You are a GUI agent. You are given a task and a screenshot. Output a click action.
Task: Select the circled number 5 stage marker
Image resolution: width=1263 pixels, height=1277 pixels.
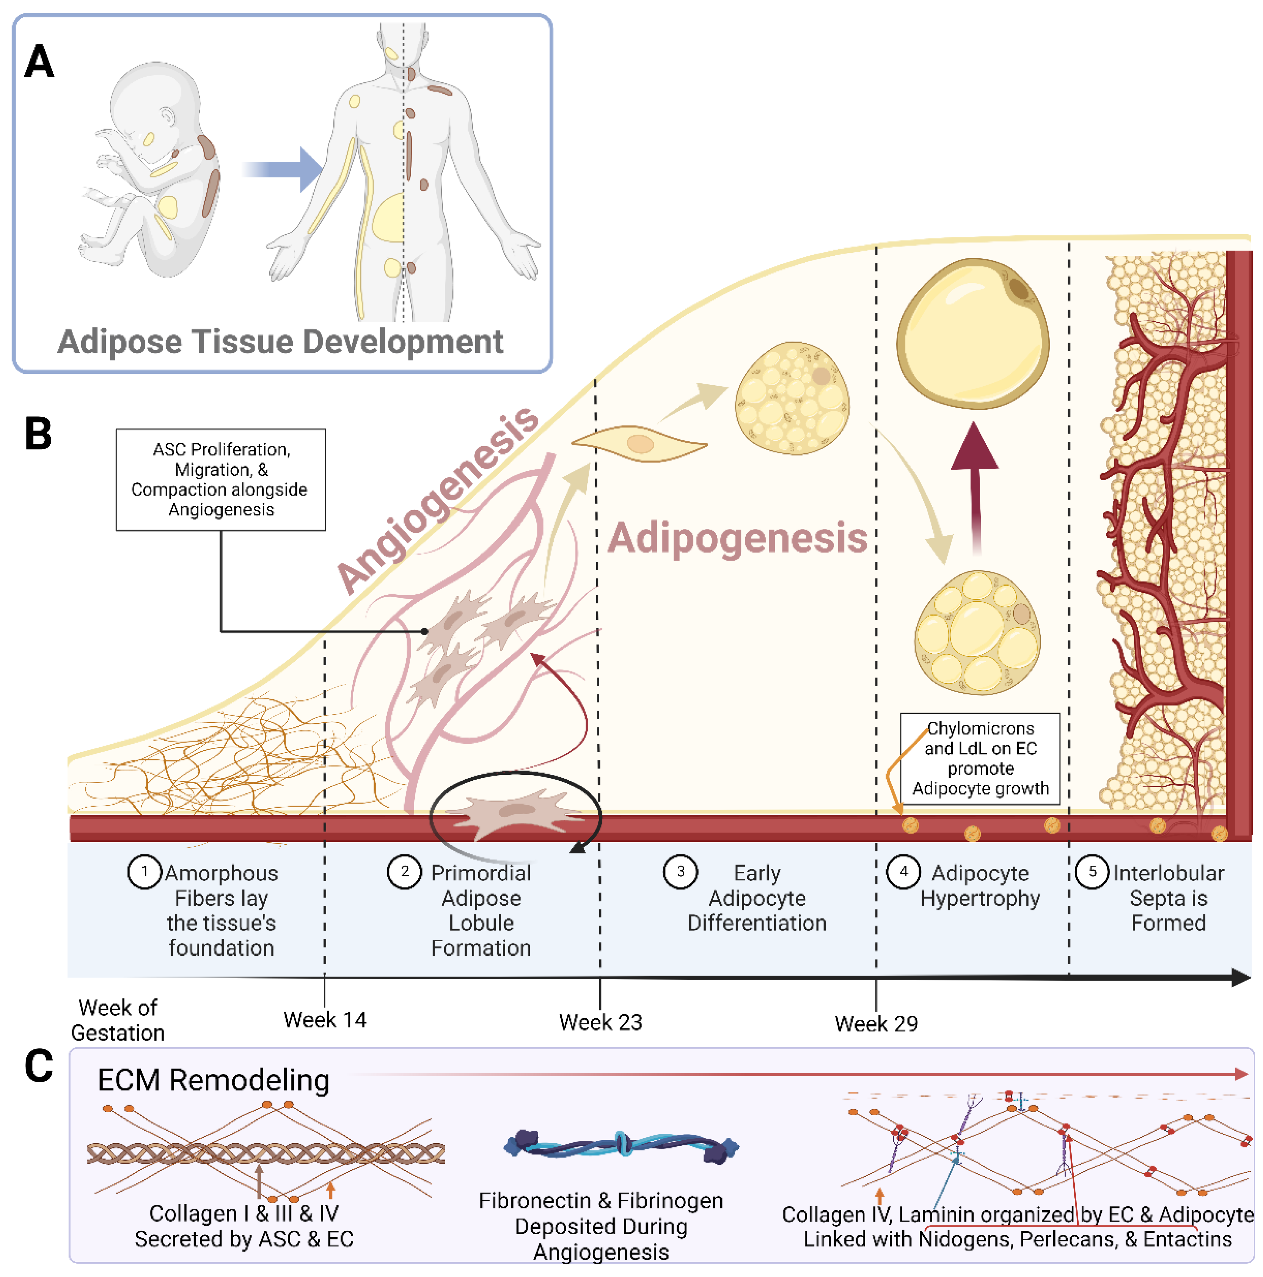coord(1091,872)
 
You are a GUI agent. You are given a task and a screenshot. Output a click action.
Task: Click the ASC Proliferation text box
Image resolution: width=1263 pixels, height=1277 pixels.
coord(221,479)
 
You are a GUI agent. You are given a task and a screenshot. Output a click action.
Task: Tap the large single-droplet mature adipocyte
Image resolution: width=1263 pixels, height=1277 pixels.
coord(973,334)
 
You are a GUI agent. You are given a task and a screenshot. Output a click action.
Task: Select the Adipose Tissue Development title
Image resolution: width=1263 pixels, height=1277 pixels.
coord(280,342)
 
